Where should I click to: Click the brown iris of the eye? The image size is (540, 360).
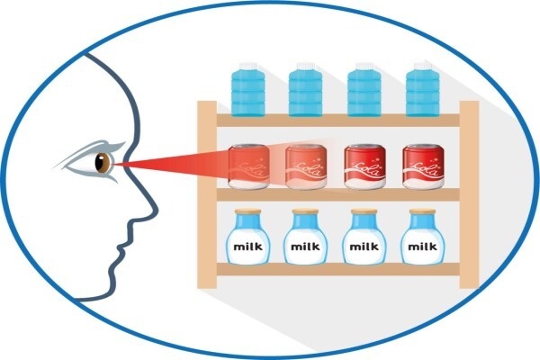pos(103,163)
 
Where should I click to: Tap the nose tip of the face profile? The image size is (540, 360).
pos(157,209)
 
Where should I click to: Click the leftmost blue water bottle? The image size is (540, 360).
pos(248,90)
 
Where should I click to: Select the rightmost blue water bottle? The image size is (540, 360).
pos(423,90)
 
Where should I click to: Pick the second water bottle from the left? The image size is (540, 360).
pos(305,90)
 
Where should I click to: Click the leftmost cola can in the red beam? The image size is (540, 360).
pos(248,166)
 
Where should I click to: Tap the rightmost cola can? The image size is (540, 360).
pos(423,166)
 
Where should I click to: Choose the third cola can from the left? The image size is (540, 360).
pos(365,166)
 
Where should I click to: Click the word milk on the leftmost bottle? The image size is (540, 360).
pos(248,247)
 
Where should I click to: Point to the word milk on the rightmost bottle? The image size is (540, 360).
pos(423,247)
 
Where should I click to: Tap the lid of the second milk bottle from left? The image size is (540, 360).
pos(305,211)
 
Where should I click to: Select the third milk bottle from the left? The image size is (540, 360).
pos(364,237)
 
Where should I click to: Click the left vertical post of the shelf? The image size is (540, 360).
pos(207,194)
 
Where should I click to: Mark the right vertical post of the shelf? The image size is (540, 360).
pos(469,194)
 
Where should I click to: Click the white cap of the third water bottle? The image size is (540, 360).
pos(364,66)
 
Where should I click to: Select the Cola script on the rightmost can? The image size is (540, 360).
pos(424,169)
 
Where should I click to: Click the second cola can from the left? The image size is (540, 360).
pos(306,166)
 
